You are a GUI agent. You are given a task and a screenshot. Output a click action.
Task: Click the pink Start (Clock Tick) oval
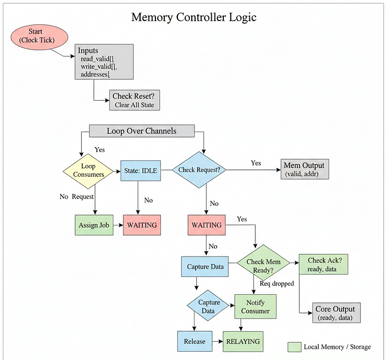39,37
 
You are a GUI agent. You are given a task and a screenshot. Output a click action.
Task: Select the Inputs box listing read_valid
104,62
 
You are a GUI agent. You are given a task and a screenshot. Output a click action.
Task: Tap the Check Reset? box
134,100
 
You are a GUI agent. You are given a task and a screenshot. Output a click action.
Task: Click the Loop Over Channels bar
142,131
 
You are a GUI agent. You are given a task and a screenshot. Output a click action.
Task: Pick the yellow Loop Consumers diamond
88,171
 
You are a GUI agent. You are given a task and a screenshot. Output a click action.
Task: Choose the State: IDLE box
140,171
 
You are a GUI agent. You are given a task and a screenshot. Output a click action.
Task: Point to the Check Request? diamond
199,170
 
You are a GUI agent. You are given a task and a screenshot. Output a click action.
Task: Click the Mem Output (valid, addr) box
305,169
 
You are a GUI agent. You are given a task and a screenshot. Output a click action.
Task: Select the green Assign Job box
94,225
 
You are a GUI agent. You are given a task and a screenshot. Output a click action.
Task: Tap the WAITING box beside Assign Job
142,225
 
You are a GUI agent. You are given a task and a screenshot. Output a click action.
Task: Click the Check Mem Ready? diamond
263,263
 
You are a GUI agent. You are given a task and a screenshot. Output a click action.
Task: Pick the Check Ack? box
323,264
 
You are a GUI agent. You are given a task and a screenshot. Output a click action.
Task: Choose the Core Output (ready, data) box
336,313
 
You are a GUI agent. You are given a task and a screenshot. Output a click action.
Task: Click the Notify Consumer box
255,306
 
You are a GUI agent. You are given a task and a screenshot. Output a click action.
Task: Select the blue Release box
195,341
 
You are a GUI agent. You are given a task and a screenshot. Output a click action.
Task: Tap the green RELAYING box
243,342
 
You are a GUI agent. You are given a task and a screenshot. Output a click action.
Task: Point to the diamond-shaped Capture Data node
208,306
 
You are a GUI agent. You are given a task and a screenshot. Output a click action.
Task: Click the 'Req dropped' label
276,284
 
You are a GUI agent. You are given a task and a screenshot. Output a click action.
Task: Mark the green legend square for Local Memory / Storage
295,347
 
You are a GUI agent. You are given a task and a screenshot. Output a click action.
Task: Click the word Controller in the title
201,17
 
